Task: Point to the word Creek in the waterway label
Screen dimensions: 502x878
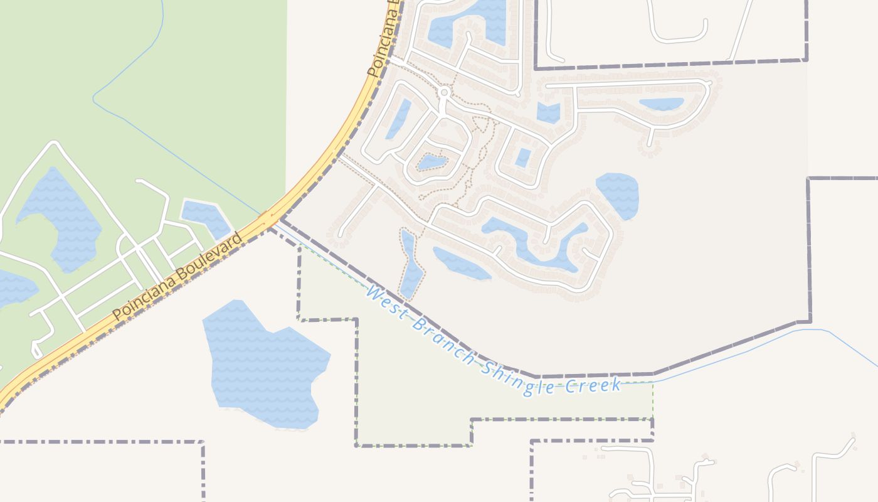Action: [593, 385]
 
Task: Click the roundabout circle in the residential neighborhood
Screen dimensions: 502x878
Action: [444, 93]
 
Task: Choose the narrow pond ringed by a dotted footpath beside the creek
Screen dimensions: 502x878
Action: [411, 267]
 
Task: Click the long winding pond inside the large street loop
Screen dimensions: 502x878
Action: [533, 242]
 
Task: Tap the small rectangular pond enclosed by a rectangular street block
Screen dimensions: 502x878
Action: [522, 158]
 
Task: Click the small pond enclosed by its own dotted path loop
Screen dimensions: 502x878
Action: [432, 163]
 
